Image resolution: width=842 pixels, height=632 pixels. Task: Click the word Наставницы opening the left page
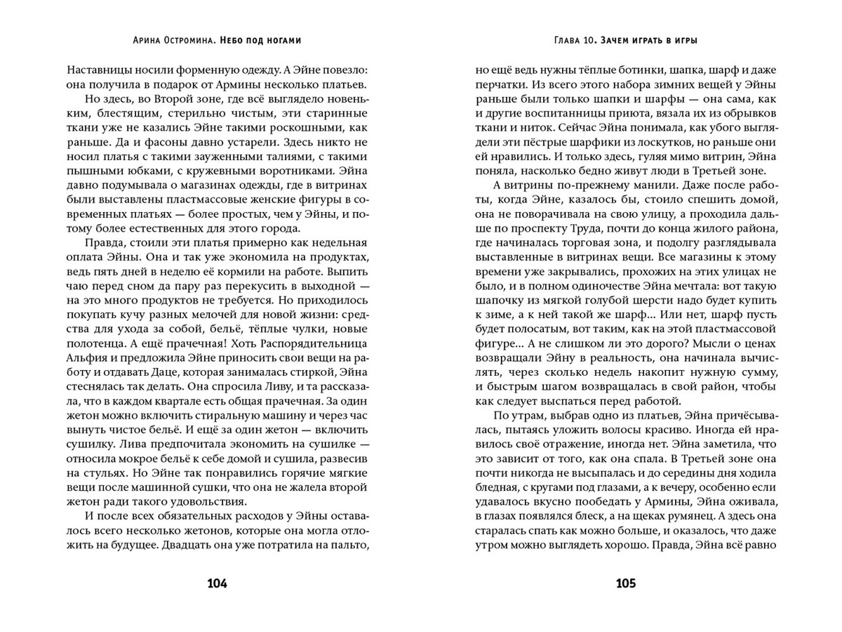100,70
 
